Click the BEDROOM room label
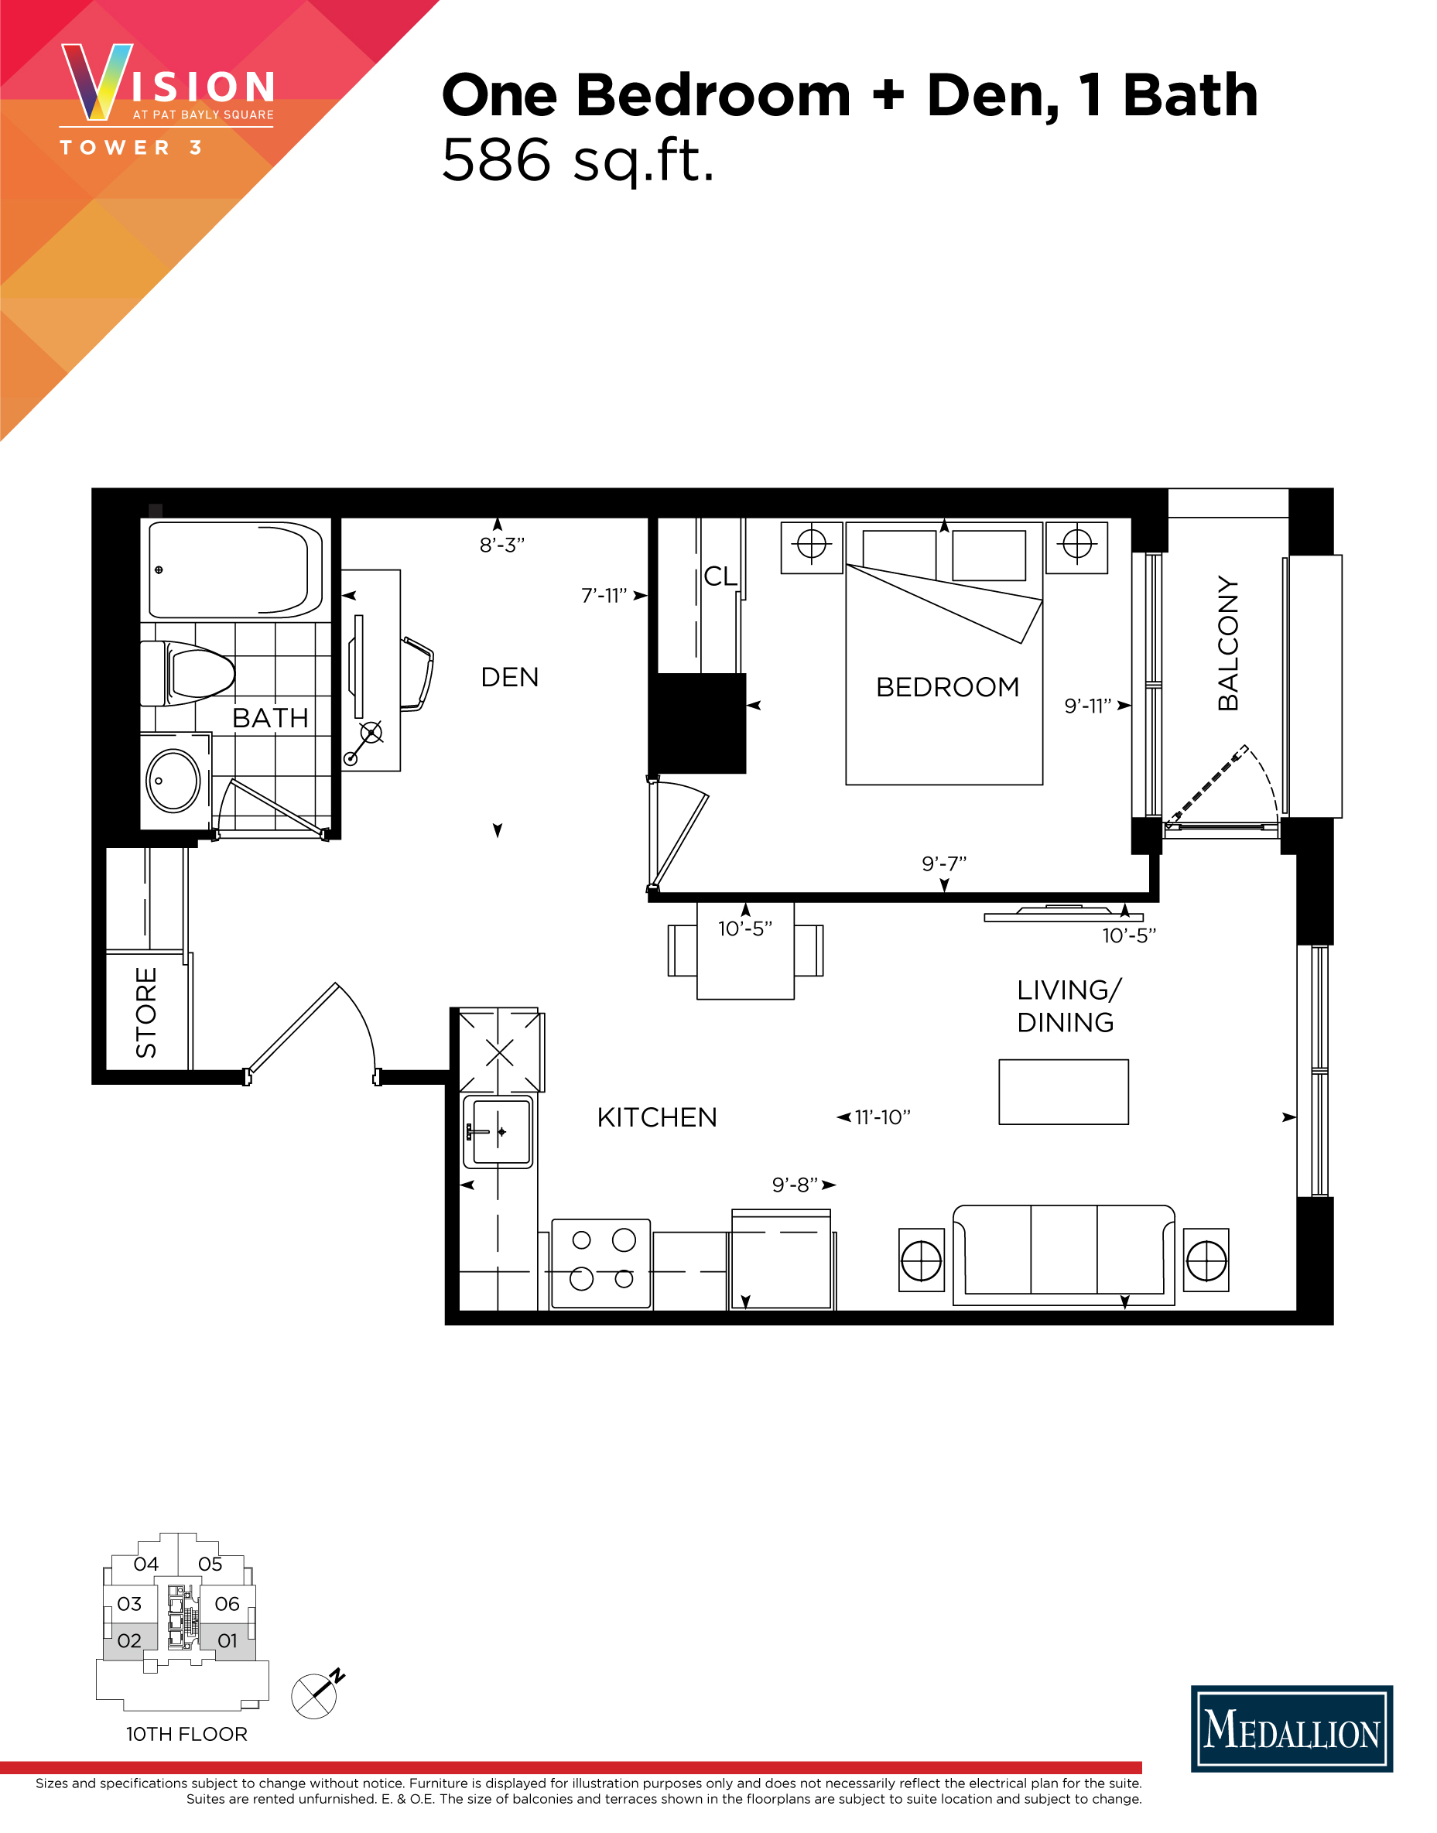pyautogui.click(x=947, y=687)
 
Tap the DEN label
pyautogui.click(x=510, y=677)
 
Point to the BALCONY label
pyautogui.click(x=1228, y=644)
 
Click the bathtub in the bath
pyautogui.click(x=234, y=569)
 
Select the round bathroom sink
pyautogui.click(x=173, y=781)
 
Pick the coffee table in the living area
pyautogui.click(x=1063, y=1092)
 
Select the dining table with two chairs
pyautogui.click(x=745, y=952)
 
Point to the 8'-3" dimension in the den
pyautogui.click(x=501, y=545)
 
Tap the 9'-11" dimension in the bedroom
pyautogui.click(x=1087, y=706)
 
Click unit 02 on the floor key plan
pyautogui.click(x=129, y=1640)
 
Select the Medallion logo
pyautogui.click(x=1292, y=1729)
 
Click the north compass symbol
pyautogui.click(x=316, y=1694)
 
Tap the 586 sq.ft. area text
pyautogui.click(x=578, y=160)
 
